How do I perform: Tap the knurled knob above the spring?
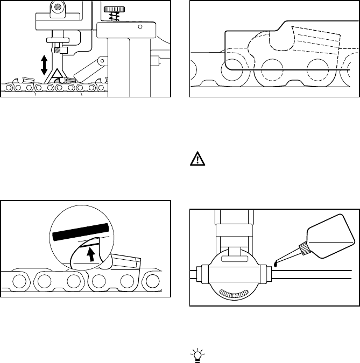112,9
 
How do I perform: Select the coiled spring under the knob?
112,18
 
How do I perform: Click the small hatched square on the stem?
64,51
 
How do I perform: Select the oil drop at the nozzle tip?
276,263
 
